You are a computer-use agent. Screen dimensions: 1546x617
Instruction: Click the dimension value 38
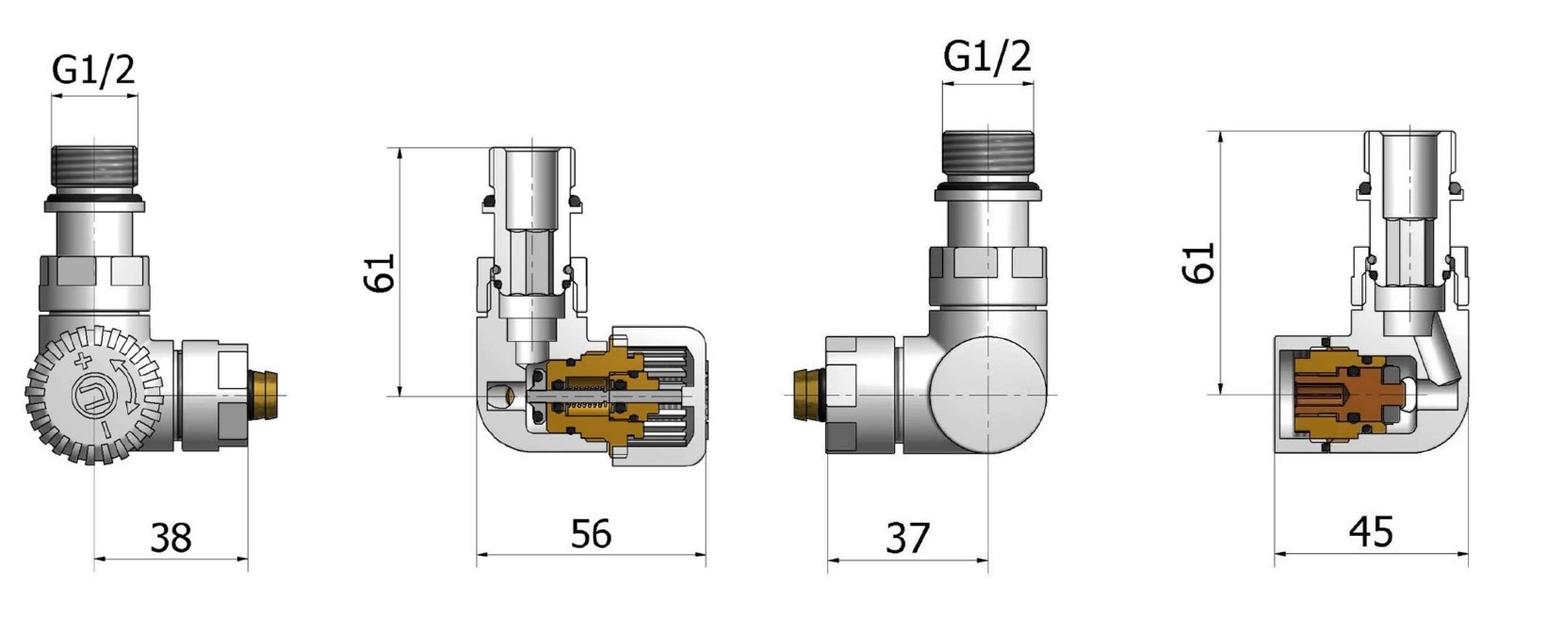pyautogui.click(x=171, y=537)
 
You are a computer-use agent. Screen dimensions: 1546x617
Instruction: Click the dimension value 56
pyautogui.click(x=591, y=533)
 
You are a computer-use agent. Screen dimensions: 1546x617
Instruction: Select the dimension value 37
pyautogui.click(x=908, y=538)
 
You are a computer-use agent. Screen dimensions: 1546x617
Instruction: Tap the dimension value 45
pyautogui.click(x=1371, y=532)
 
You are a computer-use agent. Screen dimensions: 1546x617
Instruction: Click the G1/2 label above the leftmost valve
pyautogui.click(x=94, y=70)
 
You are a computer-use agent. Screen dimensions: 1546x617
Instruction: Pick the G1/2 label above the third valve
pyautogui.click(x=987, y=57)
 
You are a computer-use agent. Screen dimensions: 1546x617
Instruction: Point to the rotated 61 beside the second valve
pyautogui.click(x=382, y=273)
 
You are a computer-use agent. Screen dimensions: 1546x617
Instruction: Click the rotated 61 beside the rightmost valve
pyautogui.click(x=1199, y=263)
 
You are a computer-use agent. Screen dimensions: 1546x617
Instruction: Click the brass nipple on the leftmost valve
pyautogui.click(x=265, y=395)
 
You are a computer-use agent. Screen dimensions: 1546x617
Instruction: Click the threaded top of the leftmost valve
pyautogui.click(x=94, y=170)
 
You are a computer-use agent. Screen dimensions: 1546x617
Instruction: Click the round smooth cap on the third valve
pyautogui.click(x=987, y=394)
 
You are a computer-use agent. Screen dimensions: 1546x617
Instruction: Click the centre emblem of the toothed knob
pyautogui.click(x=94, y=396)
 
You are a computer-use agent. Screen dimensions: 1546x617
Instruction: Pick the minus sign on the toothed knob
pyautogui.click(x=106, y=431)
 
